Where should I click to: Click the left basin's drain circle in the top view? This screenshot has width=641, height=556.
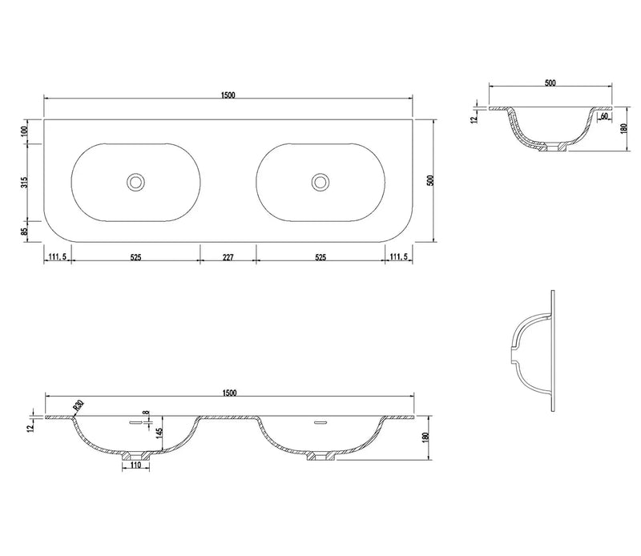coord(135,182)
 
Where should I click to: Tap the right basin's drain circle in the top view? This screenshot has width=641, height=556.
coord(320,182)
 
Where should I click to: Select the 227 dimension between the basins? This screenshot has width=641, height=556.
coord(228,257)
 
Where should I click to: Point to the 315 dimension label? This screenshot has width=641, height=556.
coord(24,182)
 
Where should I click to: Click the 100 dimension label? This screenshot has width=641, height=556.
coord(24,131)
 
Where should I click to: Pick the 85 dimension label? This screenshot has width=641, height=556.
coord(24,231)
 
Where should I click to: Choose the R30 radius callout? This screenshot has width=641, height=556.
coord(79,406)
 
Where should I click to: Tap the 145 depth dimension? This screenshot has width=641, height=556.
coord(159,433)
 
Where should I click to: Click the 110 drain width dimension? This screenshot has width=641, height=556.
coord(135,465)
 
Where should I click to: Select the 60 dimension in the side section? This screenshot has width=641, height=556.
coord(605,116)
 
